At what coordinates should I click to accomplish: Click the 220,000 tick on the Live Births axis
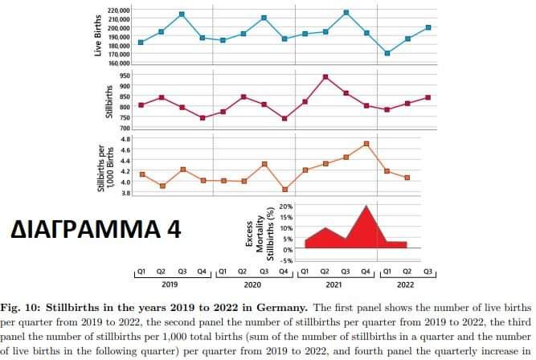point(118,10)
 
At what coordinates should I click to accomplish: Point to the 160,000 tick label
point(118,63)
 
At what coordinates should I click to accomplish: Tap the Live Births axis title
point(97,37)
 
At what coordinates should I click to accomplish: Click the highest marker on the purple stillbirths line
point(325,77)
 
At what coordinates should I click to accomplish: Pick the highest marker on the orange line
point(366,144)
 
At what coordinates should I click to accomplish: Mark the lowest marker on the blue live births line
point(387,53)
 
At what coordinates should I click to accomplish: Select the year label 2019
point(170,284)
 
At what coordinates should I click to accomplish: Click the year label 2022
point(406,284)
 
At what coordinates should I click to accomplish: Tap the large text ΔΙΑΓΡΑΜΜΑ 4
point(96,230)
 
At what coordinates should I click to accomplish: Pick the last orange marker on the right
point(408,178)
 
